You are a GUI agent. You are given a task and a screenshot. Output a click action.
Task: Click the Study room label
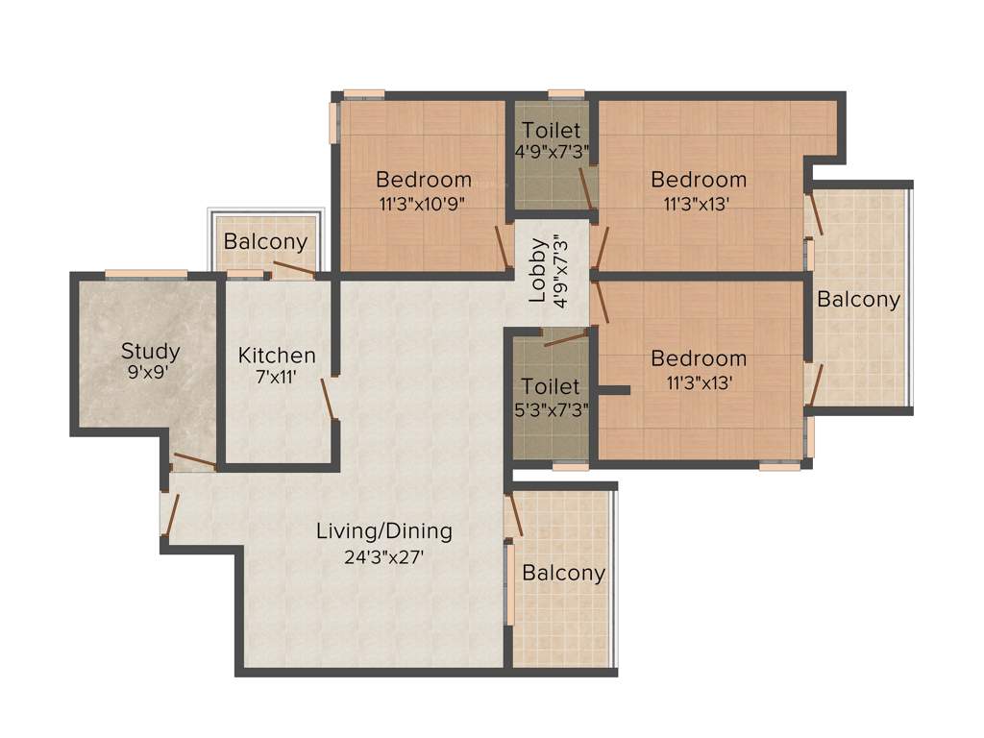click(x=150, y=351)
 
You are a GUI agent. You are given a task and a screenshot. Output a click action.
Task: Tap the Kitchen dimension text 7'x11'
click(x=276, y=378)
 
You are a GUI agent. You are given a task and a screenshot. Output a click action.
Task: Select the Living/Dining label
click(x=384, y=530)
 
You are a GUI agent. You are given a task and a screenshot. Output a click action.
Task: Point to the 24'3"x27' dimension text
click(x=384, y=555)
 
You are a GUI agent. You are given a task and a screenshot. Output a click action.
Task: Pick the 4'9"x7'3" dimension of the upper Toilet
click(x=551, y=152)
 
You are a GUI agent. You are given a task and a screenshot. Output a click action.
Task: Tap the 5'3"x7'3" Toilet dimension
click(x=551, y=408)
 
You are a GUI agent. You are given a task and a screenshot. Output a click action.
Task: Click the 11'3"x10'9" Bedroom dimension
click(x=423, y=203)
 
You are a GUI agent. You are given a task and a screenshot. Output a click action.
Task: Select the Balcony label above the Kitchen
click(x=265, y=242)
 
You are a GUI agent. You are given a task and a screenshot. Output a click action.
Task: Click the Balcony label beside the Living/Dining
click(x=563, y=574)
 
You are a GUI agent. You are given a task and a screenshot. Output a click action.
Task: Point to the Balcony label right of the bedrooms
click(x=858, y=300)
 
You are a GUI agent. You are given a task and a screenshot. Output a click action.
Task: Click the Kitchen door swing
click(x=329, y=398)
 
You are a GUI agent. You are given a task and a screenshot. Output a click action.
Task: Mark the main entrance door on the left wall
click(x=171, y=515)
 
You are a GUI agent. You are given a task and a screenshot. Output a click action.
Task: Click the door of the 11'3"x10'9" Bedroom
click(x=502, y=248)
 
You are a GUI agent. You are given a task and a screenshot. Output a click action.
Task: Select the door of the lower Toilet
click(x=565, y=336)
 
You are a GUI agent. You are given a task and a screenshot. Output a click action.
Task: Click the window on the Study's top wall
click(x=146, y=275)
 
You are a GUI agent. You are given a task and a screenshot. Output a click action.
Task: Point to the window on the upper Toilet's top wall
click(x=566, y=94)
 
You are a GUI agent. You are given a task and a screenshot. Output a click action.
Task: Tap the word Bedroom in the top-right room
click(x=699, y=180)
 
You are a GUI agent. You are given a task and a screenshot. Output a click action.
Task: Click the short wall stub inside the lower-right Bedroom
click(x=612, y=390)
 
